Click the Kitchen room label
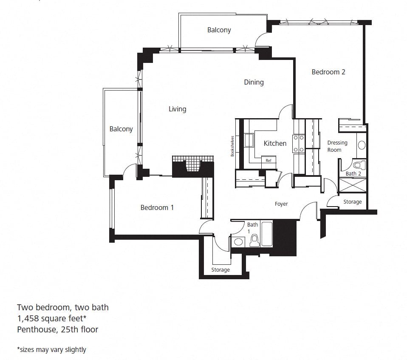275,143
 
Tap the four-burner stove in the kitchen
299,143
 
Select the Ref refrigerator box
269,160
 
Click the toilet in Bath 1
254,241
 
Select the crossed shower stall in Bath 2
352,185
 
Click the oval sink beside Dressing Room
362,145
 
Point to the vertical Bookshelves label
232,146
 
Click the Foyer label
281,204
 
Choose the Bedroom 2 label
328,72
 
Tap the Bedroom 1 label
157,207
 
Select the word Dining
254,82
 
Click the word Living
177,109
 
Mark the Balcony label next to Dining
219,30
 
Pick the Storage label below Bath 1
220,270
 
